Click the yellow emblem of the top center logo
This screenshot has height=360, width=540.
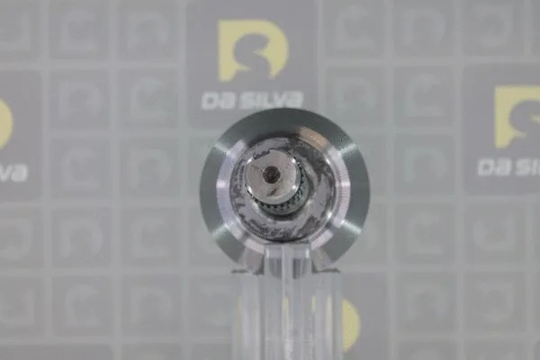point(252,50)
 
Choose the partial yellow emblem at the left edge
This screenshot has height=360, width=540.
point(6,125)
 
